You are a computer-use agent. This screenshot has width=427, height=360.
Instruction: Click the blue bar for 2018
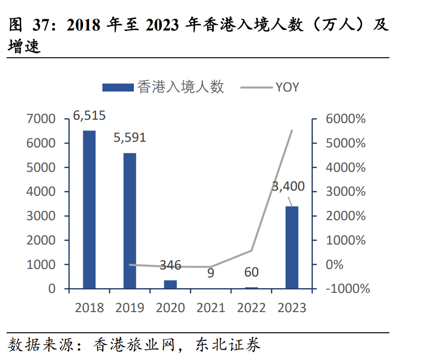point(89,209)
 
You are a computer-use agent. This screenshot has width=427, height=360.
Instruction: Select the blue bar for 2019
point(130,221)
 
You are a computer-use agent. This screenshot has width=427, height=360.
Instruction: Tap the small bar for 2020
point(170,284)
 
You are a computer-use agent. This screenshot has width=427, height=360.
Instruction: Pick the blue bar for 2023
point(292,247)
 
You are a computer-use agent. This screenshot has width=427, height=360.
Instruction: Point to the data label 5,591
point(130,138)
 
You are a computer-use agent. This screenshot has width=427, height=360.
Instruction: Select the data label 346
point(170,265)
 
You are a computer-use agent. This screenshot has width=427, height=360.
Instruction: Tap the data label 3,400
point(288,186)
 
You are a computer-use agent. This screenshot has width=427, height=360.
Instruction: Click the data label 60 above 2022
point(251,272)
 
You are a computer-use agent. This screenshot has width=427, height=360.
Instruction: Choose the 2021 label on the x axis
point(211,308)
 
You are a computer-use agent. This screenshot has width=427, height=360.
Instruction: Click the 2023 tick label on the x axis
point(292,308)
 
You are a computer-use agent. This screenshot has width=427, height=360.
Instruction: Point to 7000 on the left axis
point(42,119)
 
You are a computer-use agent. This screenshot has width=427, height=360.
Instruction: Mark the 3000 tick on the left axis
point(42,216)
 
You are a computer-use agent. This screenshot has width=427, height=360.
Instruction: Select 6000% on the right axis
point(345,119)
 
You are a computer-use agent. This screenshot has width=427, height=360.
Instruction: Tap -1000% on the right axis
point(348,289)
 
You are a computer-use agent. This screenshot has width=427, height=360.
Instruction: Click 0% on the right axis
point(334,264)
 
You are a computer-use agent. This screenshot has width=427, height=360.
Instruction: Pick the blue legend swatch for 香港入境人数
point(118,87)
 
